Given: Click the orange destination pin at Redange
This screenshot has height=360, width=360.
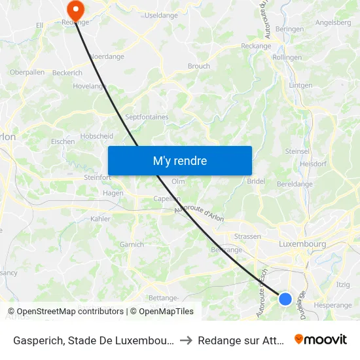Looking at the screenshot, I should (76, 9).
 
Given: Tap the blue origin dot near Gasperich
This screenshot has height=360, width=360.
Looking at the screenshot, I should (285, 298).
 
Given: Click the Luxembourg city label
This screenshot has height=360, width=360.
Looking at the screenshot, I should (302, 244).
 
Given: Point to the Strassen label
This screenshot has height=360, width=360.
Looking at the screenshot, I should (247, 236).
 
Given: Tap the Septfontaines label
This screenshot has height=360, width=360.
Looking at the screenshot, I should (147, 117).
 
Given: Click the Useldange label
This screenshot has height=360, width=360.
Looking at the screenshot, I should (160, 14).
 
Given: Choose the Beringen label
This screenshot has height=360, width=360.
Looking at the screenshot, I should (289, 29).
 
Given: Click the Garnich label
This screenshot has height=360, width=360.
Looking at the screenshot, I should (132, 244).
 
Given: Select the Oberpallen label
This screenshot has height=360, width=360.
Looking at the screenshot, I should (27, 72).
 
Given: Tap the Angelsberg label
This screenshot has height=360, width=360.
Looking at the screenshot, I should (333, 22).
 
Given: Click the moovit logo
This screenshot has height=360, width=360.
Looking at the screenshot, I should (321, 339).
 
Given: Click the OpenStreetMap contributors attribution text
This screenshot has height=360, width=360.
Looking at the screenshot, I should (70, 312).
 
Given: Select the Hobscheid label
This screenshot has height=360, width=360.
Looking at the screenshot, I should (96, 136).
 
